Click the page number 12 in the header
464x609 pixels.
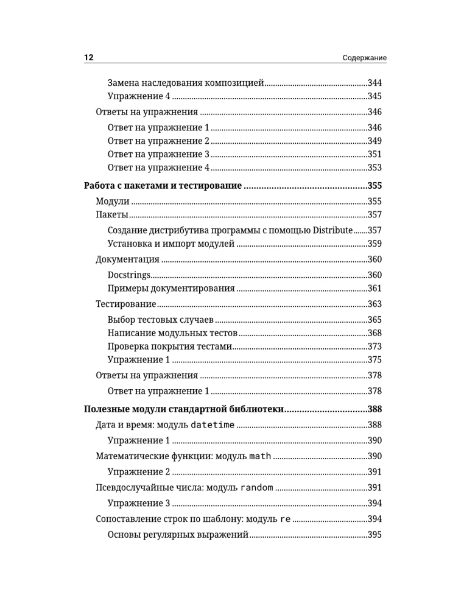click(x=88, y=58)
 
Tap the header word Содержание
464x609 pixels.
click(x=365, y=58)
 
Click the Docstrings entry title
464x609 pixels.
click(x=128, y=275)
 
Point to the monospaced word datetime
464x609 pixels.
click(x=213, y=425)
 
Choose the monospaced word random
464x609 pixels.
click(x=252, y=488)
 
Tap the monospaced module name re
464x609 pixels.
click(x=285, y=519)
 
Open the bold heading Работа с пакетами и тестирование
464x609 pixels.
click(x=163, y=186)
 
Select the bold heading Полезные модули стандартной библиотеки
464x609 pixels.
click(x=183, y=409)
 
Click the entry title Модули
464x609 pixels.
click(x=113, y=202)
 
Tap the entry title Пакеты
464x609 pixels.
click(x=112, y=215)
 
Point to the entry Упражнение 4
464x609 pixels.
click(x=138, y=96)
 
